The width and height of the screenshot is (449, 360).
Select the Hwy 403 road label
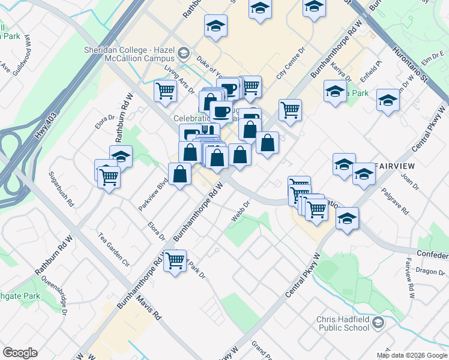(45, 127)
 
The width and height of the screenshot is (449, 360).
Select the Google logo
(20, 353)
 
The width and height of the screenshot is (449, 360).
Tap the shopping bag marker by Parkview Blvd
(179, 175)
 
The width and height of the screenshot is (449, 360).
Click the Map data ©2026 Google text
(411, 355)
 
